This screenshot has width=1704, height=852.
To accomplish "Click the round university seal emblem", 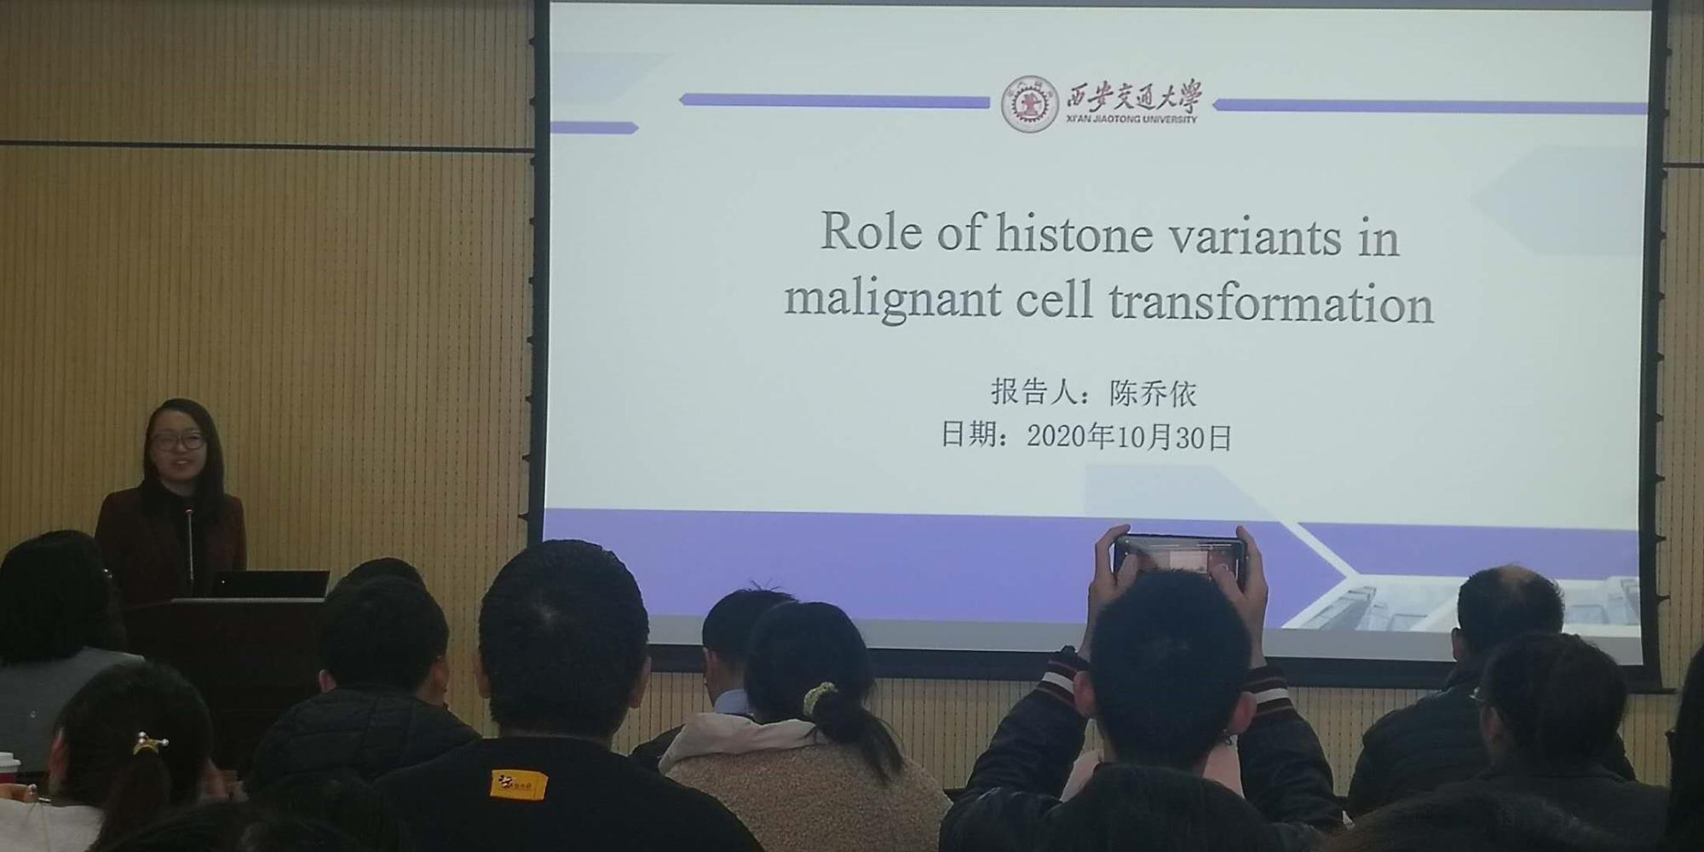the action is tap(1029, 104).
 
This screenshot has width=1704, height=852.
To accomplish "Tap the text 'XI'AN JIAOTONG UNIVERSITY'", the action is tap(1131, 119).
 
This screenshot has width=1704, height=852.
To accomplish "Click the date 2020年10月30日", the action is tap(1130, 437).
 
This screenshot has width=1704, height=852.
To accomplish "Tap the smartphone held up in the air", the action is tap(1179, 561).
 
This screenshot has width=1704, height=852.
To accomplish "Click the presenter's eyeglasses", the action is tap(179, 441).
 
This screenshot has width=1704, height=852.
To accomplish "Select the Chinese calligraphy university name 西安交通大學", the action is tap(1134, 98).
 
